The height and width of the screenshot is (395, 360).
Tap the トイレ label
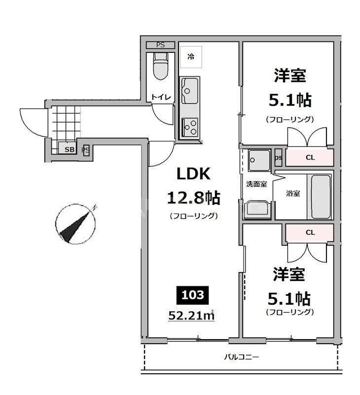(x=161, y=97)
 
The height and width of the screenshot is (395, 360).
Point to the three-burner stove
(x=189, y=126)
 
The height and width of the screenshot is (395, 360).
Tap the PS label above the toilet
(x=160, y=45)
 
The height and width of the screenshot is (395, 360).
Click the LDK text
(x=194, y=174)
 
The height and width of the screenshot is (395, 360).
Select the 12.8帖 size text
(x=194, y=198)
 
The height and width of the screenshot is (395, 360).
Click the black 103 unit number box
(x=194, y=295)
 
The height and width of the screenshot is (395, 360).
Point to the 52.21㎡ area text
(x=193, y=314)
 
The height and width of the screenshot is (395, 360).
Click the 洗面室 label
(x=256, y=184)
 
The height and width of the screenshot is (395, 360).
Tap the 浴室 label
(x=293, y=193)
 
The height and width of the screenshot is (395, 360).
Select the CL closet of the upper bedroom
(x=310, y=158)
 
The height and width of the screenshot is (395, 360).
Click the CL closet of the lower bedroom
(x=310, y=232)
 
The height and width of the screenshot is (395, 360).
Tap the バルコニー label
(x=242, y=356)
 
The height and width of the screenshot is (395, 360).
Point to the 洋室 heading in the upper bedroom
(x=290, y=76)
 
